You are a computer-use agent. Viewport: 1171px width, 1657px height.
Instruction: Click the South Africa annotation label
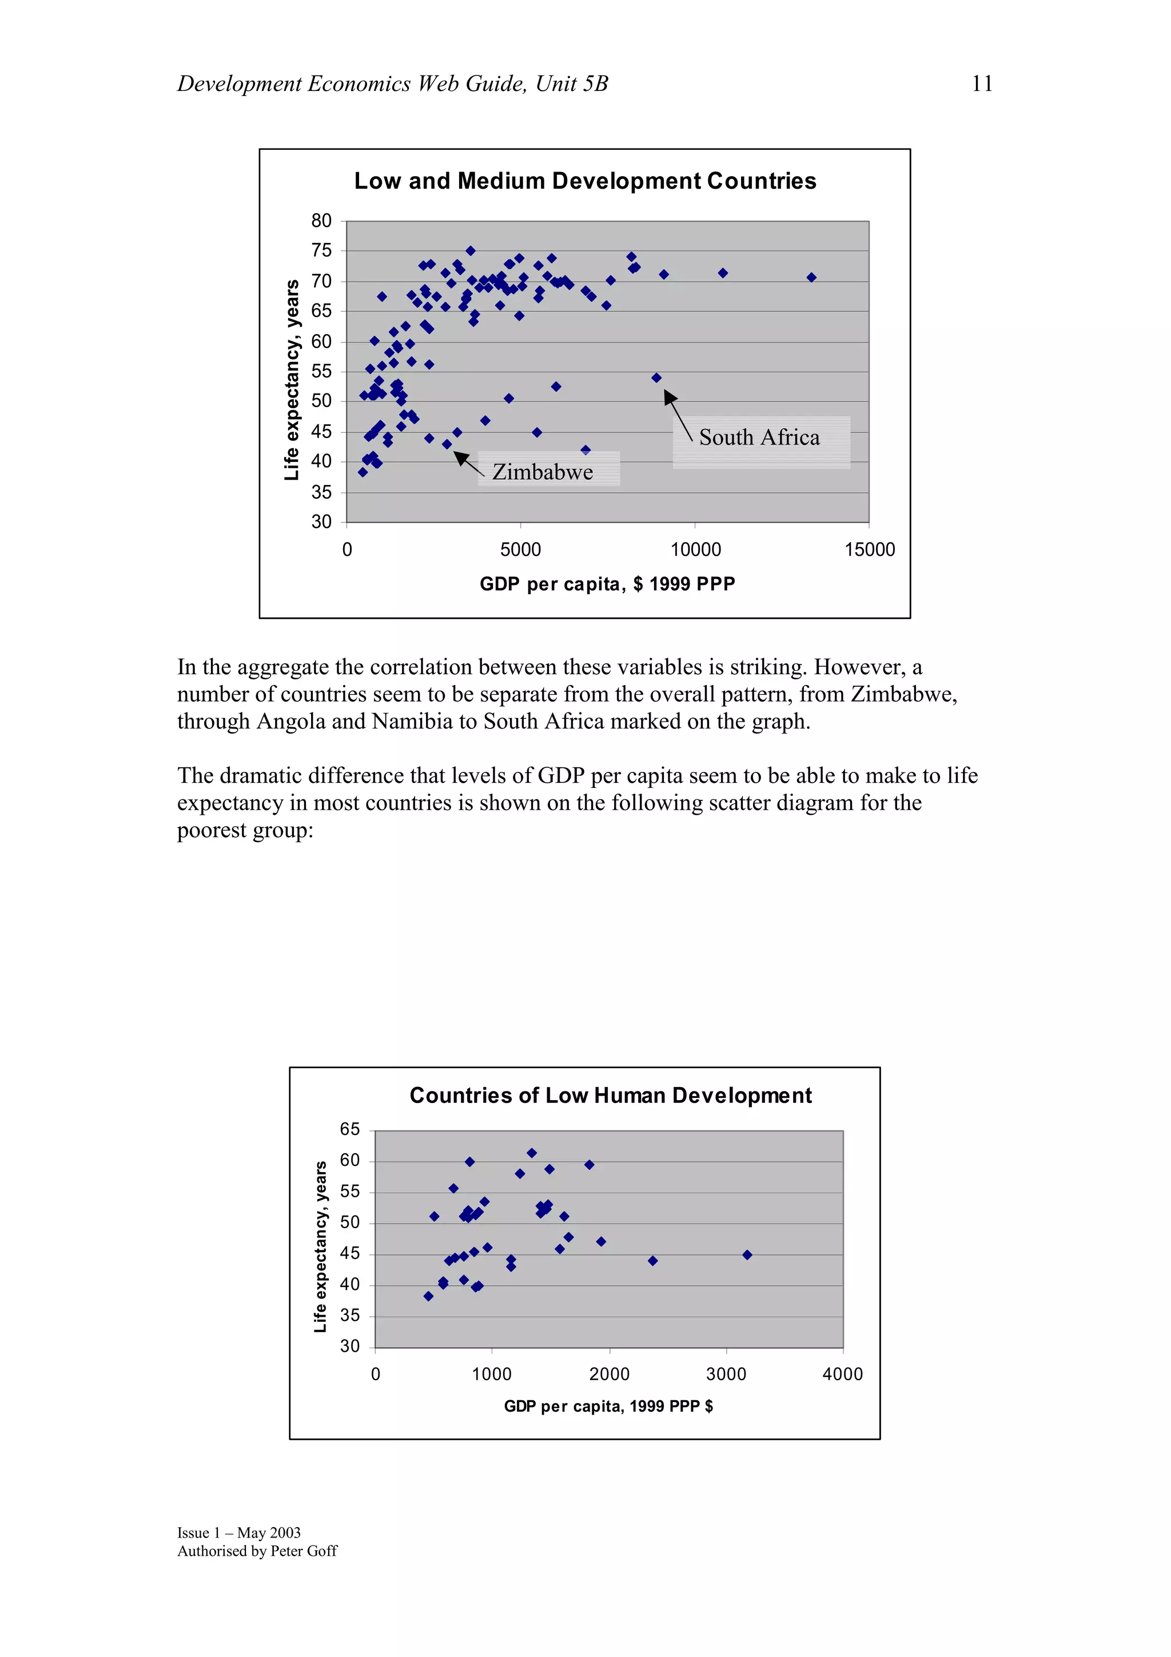tap(759, 437)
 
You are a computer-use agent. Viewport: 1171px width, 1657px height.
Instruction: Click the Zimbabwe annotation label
tap(543, 472)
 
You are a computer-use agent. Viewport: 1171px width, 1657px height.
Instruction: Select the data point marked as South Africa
tap(656, 378)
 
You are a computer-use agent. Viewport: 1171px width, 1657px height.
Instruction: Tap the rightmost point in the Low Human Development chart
tap(747, 1255)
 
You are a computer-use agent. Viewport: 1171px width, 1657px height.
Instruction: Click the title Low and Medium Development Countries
tap(584, 181)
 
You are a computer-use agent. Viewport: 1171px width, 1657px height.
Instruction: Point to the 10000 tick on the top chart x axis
tap(695, 550)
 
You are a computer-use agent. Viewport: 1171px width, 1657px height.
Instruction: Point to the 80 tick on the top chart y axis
tap(322, 221)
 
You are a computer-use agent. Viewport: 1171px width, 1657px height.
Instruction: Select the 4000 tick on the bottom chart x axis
tap(842, 1374)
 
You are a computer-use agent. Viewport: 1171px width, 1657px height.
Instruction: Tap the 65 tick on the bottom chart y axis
tap(350, 1129)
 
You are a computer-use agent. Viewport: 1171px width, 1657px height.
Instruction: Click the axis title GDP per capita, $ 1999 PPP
tap(607, 584)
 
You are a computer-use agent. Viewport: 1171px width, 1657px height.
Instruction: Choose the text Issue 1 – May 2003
tap(239, 1532)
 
